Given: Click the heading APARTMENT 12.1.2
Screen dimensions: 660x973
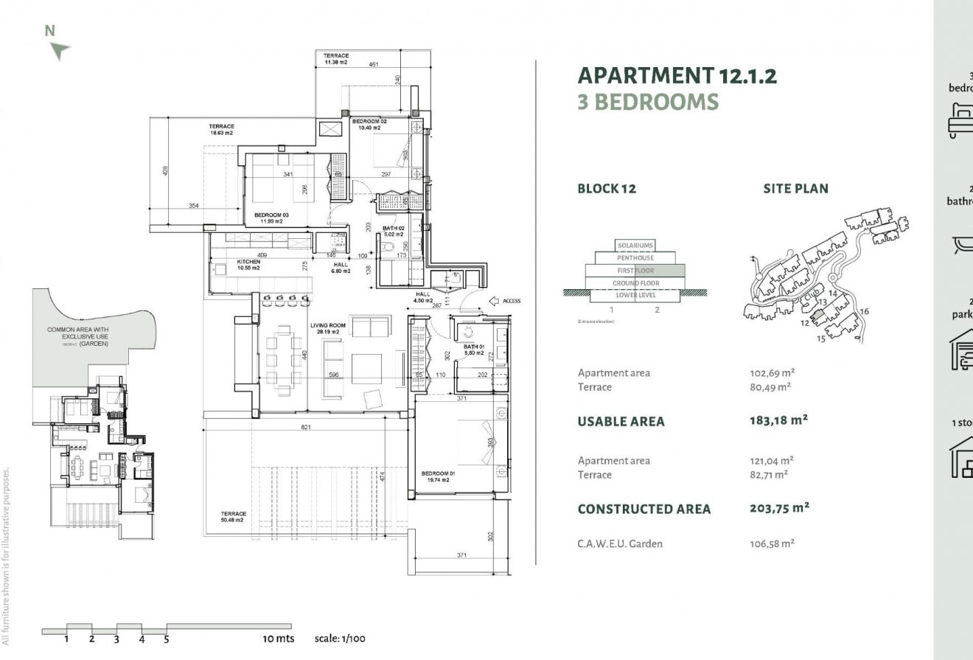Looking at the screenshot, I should [x=677, y=75].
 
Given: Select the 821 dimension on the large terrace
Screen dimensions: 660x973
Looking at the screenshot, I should [x=305, y=428].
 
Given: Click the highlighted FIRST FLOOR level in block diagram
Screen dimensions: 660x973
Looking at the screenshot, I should [x=635, y=271].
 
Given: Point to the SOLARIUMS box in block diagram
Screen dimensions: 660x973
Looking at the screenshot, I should [x=635, y=246].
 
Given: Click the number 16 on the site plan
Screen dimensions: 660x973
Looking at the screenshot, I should [x=865, y=311].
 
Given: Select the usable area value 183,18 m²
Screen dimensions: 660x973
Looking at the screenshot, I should [x=778, y=421].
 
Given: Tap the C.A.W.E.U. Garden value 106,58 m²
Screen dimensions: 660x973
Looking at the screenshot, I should [x=771, y=544].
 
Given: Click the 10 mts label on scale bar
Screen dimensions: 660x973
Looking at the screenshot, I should [x=279, y=639].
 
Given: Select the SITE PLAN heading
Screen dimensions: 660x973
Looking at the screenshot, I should [x=795, y=189].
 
